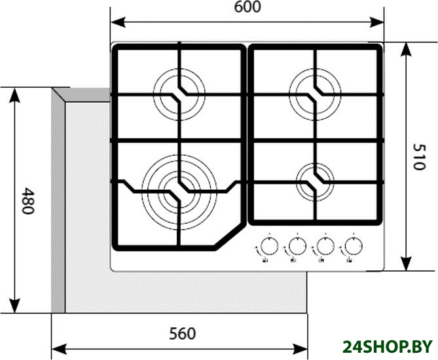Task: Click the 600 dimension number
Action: [247, 7]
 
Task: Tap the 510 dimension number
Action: [419, 156]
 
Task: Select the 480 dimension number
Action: [28, 200]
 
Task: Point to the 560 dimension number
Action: [183, 333]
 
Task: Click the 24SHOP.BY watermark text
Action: [388, 347]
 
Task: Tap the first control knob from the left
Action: [269, 246]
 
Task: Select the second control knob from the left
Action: [297, 246]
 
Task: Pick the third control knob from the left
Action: [325, 246]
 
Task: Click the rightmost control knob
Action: [354, 246]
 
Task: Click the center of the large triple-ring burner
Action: [179, 192]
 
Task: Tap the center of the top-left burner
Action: [179, 94]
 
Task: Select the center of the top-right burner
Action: [315, 94]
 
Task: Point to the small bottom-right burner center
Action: [315, 182]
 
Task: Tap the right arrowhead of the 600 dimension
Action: [376, 22]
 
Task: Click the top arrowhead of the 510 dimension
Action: [407, 50]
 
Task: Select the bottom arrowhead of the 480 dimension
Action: [14, 306]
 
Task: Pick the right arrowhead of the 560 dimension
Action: [300, 348]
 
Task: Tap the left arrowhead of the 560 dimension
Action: [60, 348]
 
